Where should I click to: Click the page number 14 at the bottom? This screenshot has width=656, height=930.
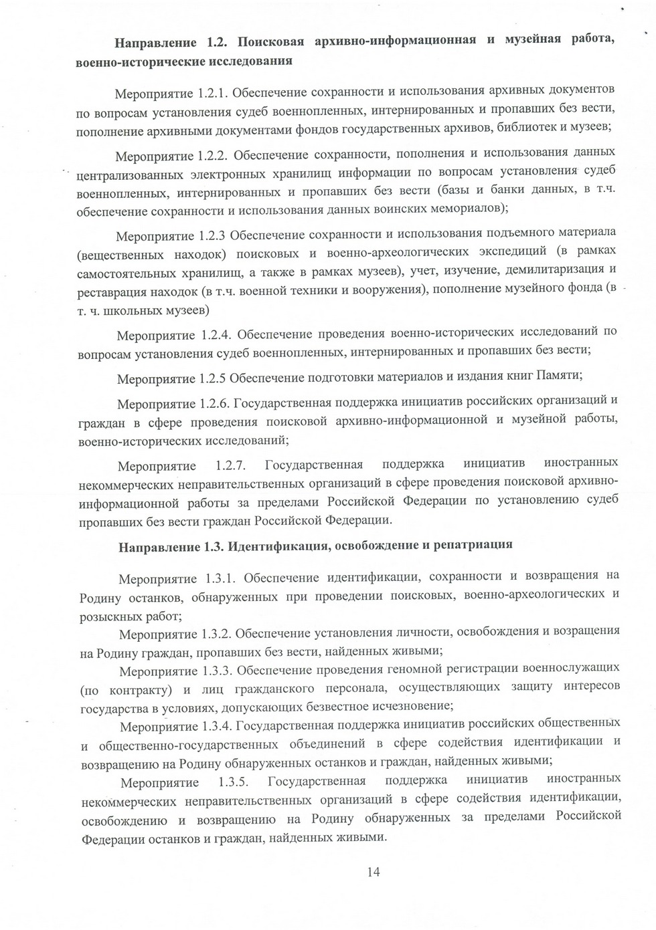[374, 871]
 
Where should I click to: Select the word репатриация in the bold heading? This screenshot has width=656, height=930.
[473, 544]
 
